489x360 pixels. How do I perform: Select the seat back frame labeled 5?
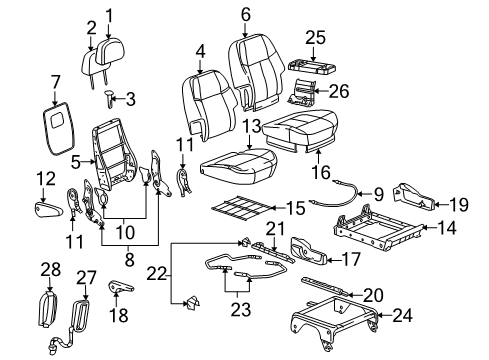coord(119,159)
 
